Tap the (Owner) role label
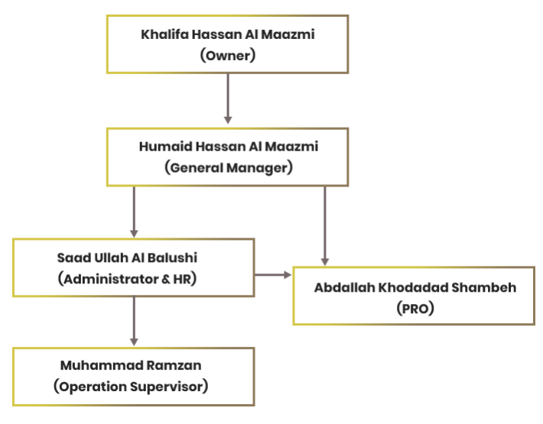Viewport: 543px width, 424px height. pyautogui.click(x=227, y=55)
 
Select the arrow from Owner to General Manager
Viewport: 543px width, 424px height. pyautogui.click(x=227, y=99)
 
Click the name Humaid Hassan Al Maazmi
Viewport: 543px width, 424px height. pyautogui.click(x=228, y=147)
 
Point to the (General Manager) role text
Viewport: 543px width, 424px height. pyautogui.click(x=228, y=167)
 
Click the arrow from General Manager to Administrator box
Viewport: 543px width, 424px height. pyautogui.click(x=134, y=211)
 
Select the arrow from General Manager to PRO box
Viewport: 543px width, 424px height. pyautogui.click(x=325, y=225)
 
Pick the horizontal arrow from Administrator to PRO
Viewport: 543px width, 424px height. pyautogui.click(x=272, y=273)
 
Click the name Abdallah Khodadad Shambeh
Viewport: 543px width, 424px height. pyautogui.click(x=415, y=288)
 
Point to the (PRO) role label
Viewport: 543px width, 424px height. pyautogui.click(x=414, y=309)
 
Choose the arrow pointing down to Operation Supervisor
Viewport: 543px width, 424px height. pyautogui.click(x=134, y=321)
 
